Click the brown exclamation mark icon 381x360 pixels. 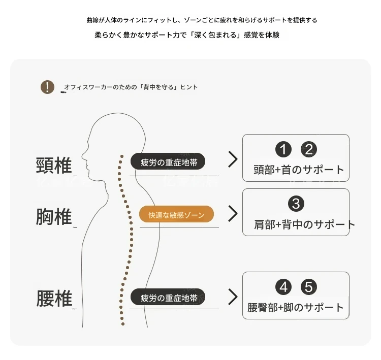click(47, 87)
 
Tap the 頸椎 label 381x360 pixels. click(54, 165)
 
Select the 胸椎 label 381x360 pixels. click(54, 216)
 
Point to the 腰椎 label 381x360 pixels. click(54, 298)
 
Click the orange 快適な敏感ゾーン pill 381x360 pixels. click(176, 214)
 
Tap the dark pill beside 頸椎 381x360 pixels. click(168, 161)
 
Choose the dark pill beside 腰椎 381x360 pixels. click(168, 297)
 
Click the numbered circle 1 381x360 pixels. click(283, 149)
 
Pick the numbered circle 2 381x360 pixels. click(309, 149)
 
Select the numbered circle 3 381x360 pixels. click(296, 204)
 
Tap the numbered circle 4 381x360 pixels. click(283, 287)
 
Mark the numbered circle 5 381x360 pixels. click(309, 287)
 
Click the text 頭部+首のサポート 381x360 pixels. click(299, 170)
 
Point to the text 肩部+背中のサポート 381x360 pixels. click(304, 224)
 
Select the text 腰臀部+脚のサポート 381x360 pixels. click(296, 307)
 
